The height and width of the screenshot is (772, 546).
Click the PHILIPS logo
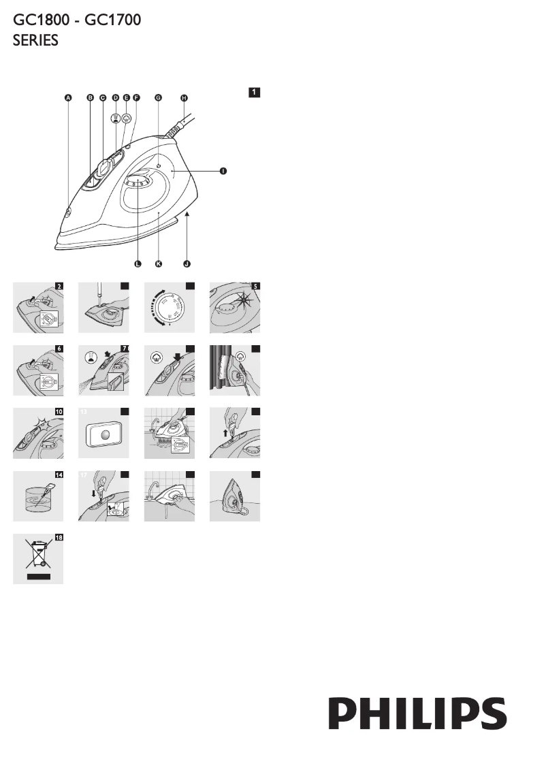(x=418, y=714)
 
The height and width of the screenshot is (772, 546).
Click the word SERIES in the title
(x=35, y=41)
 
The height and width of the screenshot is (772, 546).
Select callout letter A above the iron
(x=67, y=98)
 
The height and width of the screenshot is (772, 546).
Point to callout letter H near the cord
(x=184, y=98)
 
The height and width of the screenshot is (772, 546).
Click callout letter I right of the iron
(x=223, y=172)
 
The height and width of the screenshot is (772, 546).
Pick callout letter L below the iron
(x=137, y=263)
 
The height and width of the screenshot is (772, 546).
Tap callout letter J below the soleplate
(x=187, y=263)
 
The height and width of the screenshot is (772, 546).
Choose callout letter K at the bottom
(x=159, y=263)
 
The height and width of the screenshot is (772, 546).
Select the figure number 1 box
(x=254, y=92)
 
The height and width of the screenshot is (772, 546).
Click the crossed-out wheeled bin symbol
(x=37, y=556)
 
